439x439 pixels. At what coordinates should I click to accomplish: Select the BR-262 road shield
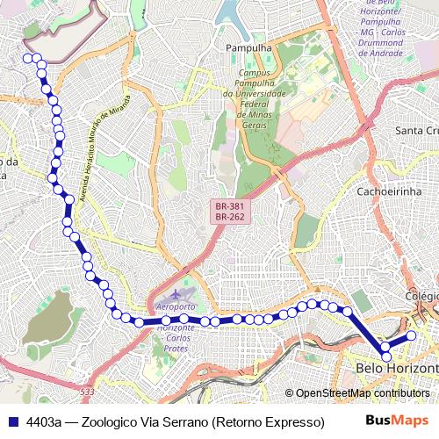[x=228, y=218]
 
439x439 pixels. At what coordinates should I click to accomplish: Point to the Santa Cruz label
[x=416, y=131]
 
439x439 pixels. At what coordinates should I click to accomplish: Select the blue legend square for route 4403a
[x=11, y=421]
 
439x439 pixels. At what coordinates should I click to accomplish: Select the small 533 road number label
[x=85, y=391]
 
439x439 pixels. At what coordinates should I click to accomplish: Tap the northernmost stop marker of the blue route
[x=27, y=58]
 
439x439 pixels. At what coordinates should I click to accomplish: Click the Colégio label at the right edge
[x=421, y=297]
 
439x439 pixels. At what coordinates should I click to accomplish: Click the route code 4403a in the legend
[x=44, y=421]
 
